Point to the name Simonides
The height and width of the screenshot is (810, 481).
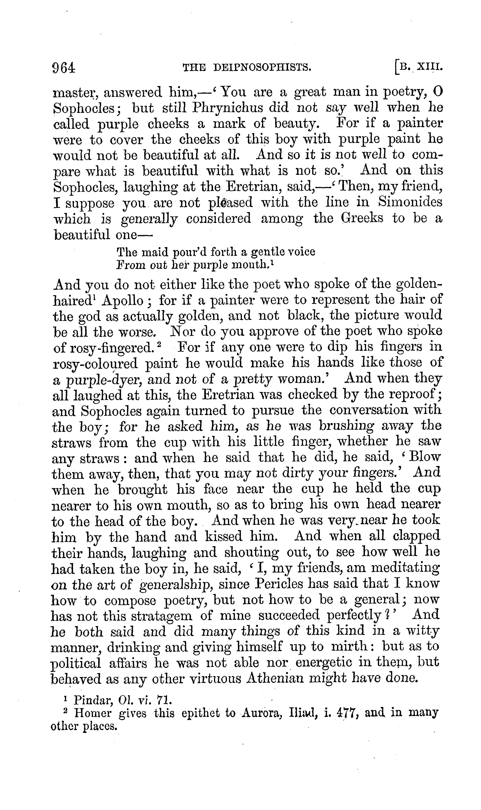pos(410,202)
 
